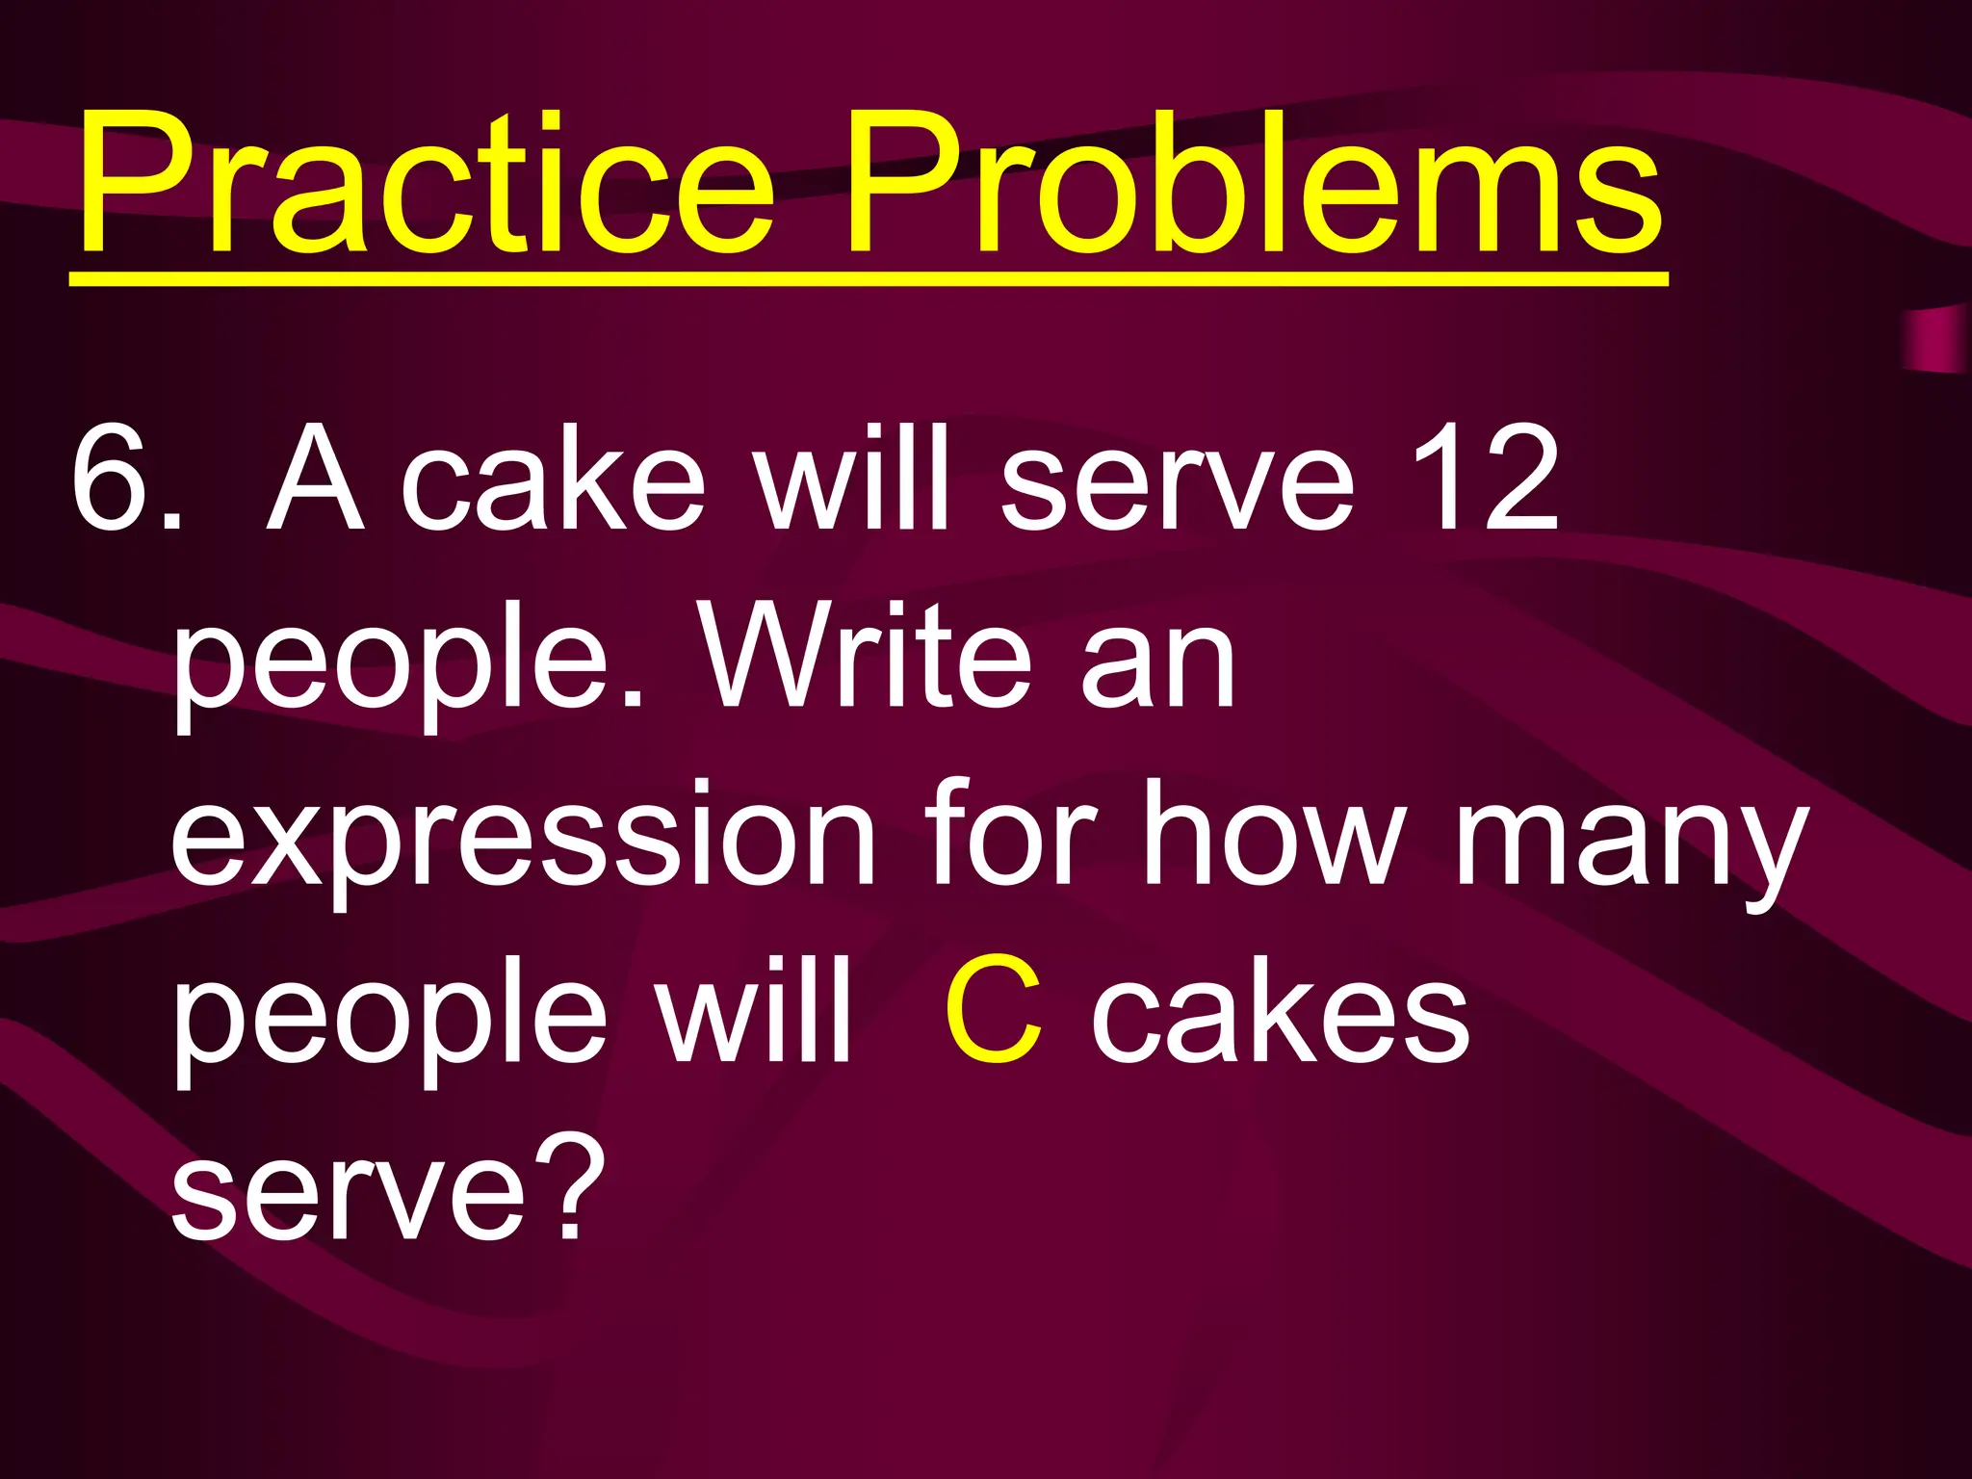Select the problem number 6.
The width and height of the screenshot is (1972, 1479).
pyautogui.click(x=114, y=479)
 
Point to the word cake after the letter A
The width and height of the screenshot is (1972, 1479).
pyautogui.click(x=553, y=479)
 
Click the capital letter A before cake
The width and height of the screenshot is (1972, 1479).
pyautogui.click(x=315, y=479)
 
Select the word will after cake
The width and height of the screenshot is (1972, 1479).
pyautogui.click(x=853, y=479)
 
